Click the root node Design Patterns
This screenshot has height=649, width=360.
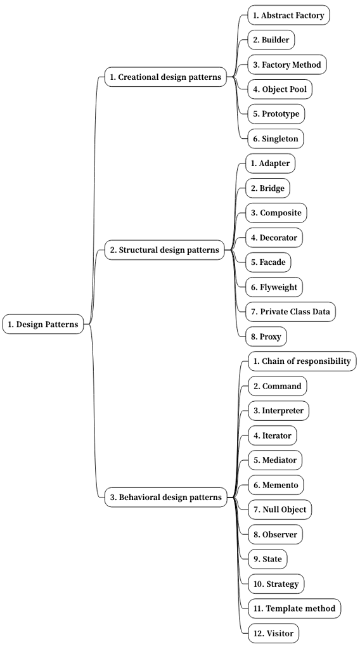[x=43, y=324]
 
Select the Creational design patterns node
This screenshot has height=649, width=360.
[x=165, y=77]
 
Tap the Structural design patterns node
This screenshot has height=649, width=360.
[x=164, y=250]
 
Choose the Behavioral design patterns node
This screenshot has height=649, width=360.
[x=166, y=498]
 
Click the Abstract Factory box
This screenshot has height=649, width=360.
[x=288, y=15]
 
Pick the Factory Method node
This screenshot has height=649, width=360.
[x=287, y=65]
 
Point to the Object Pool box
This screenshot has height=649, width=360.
[x=280, y=89]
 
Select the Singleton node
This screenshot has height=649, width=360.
[x=275, y=139]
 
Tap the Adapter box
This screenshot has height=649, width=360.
[x=270, y=164]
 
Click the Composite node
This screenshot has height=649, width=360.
[x=276, y=213]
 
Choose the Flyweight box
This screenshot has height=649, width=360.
[x=273, y=287]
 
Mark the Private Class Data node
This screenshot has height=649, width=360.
[x=290, y=312]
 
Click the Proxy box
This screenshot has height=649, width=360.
[x=266, y=337]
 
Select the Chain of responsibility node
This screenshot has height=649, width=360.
[x=302, y=361]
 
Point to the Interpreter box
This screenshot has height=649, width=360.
[x=278, y=411]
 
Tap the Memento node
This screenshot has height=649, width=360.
[x=275, y=485]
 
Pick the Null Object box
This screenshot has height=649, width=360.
[x=280, y=510]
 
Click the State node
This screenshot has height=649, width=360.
[x=267, y=559]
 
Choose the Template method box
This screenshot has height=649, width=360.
[x=294, y=608]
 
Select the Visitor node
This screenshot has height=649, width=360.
[x=273, y=633]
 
